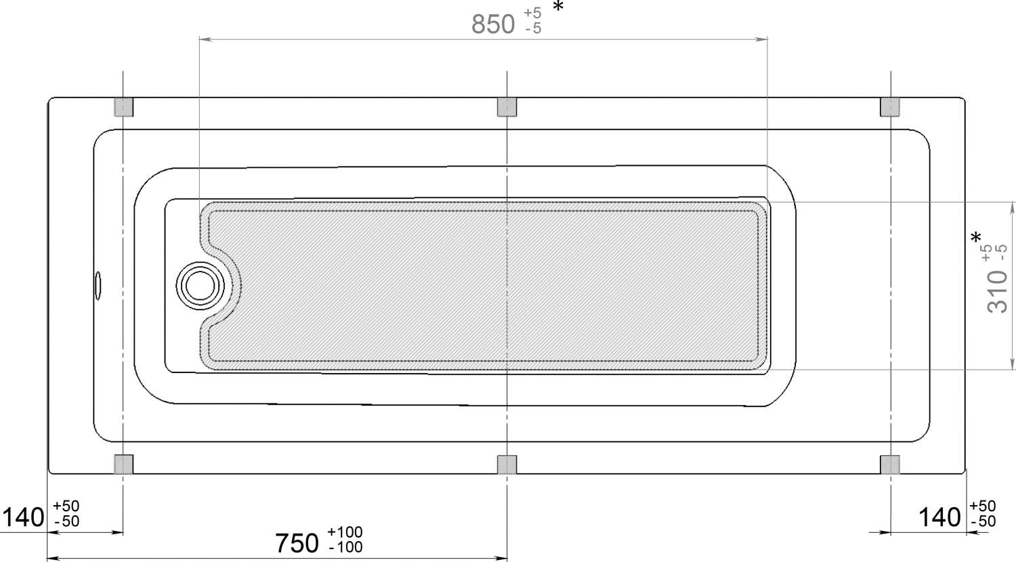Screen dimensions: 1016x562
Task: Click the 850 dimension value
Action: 493,24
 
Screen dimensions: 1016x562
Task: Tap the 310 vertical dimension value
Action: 997,291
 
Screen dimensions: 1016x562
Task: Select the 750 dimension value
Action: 297,543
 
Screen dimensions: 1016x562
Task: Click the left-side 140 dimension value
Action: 23,517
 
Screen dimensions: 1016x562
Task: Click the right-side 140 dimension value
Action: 939,517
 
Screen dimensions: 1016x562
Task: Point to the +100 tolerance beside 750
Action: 345,532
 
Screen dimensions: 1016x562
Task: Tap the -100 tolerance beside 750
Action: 346,547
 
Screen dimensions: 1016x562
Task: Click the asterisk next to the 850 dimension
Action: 558,7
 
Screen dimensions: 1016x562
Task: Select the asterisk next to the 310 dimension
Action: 975,237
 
